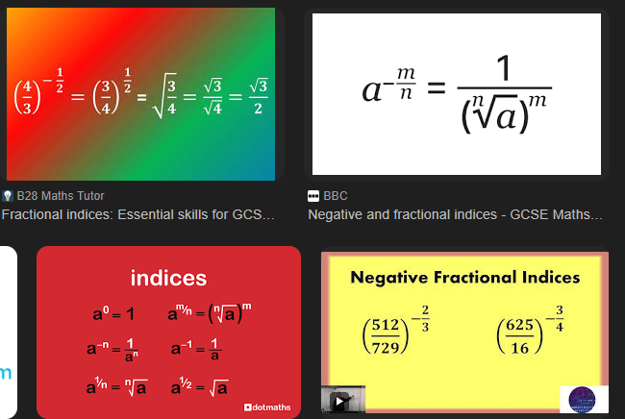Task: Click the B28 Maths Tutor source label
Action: point(61,195)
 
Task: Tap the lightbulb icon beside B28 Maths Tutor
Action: point(8,195)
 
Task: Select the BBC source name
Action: point(336,195)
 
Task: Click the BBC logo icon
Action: point(313,196)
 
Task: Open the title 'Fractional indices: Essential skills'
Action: point(137,214)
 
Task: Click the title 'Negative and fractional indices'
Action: point(455,214)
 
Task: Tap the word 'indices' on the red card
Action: point(168,278)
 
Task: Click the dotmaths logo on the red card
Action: point(267,407)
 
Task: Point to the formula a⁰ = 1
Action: point(113,313)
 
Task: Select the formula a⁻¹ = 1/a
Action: point(196,349)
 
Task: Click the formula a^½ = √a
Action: point(199,387)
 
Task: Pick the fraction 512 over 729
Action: point(386,336)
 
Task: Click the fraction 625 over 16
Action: point(520,336)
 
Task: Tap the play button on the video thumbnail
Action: point(339,401)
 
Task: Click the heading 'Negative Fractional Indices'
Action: point(464,277)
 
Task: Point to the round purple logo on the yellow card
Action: point(582,400)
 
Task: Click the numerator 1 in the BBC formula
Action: point(504,68)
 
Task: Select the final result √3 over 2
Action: point(259,96)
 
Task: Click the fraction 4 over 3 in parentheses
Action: point(27,97)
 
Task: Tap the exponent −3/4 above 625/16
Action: point(555,318)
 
